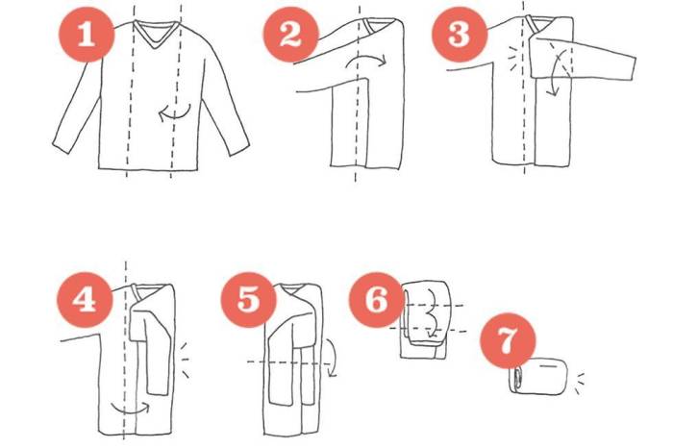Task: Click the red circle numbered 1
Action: [87, 35]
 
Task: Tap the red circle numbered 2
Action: [290, 35]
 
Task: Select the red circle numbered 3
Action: [460, 35]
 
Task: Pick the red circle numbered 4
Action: [85, 300]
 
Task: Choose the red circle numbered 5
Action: [248, 300]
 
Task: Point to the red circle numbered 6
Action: [377, 300]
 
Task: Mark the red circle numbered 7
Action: [508, 340]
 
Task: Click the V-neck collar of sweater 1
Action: [155, 36]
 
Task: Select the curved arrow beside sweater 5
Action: [332, 358]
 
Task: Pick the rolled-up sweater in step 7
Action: [538, 376]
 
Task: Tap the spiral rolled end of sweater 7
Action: [514, 379]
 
